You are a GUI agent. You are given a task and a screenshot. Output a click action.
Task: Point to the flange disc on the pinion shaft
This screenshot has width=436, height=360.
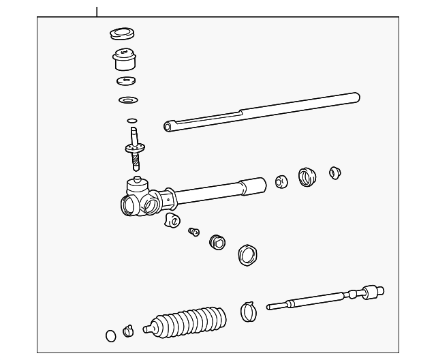pos(136,147)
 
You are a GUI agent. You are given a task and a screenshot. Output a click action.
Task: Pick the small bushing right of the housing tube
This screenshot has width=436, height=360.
pos(281,181)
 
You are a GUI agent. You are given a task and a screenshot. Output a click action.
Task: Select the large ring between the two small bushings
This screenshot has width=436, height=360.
pos(307,177)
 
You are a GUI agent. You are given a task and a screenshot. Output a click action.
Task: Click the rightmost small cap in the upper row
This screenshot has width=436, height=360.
pos(334,172)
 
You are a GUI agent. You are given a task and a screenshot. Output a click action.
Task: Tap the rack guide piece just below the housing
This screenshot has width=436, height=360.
pos(172,220)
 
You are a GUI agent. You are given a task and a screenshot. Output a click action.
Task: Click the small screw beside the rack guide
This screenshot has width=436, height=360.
pos(193,232)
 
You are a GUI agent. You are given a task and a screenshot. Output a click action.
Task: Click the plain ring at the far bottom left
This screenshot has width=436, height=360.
pos(111,335)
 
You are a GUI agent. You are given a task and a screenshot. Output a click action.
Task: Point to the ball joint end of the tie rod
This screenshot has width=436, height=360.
pos(373,292)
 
